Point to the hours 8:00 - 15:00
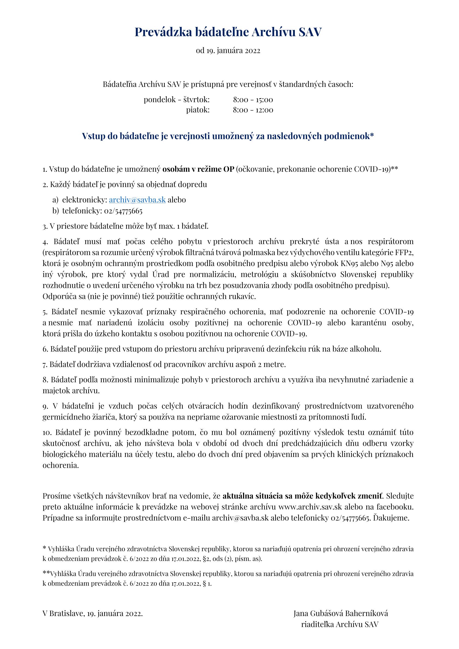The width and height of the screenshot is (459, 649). (x=253, y=99)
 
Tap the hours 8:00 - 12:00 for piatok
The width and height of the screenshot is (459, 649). (x=253, y=110)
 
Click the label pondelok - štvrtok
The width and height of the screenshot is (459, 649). (x=177, y=99)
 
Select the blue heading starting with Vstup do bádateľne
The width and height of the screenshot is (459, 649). (x=228, y=136)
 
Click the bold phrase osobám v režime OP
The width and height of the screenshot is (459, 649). (x=198, y=169)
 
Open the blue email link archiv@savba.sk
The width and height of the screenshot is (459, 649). (x=137, y=200)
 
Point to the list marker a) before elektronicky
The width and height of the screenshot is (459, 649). (x=55, y=200)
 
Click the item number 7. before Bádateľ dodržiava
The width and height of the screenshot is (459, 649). (x=45, y=365)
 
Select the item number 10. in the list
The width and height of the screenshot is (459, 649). (x=47, y=433)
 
